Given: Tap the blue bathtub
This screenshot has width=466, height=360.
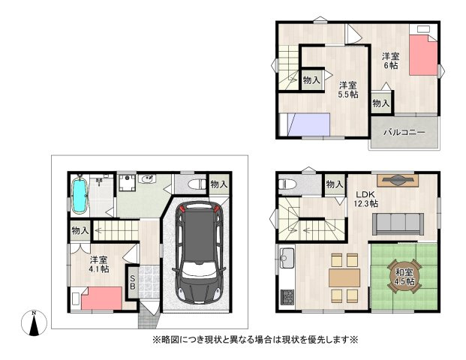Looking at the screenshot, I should (80, 195).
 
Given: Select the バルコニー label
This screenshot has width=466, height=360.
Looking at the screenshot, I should (404, 132).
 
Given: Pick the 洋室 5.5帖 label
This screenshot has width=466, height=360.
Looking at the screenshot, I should (347, 89).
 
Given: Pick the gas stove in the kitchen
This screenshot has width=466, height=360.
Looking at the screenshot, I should (287, 297).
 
